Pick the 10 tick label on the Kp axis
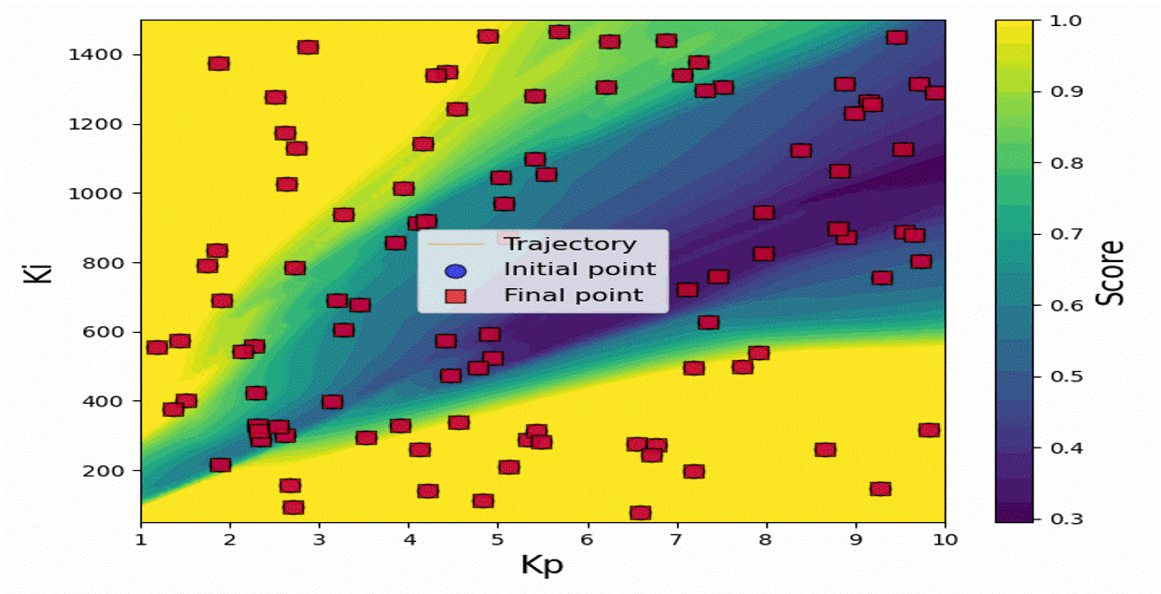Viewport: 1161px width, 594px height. (945, 540)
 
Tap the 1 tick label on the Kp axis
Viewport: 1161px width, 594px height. (142, 540)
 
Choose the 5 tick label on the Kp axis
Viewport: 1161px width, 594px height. (498, 540)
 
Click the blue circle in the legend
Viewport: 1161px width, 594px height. (456, 271)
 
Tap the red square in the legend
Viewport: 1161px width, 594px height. (456, 297)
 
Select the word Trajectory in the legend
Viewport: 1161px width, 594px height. (570, 244)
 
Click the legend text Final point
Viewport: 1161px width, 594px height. (574, 296)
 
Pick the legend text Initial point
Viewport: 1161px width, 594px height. (580, 269)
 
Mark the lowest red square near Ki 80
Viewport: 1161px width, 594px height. (640, 512)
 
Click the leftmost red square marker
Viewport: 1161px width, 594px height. (157, 347)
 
